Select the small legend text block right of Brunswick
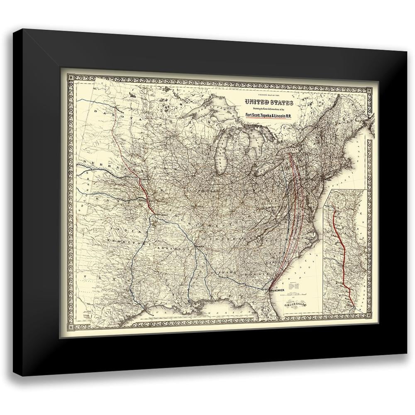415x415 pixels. coord(295,286)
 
